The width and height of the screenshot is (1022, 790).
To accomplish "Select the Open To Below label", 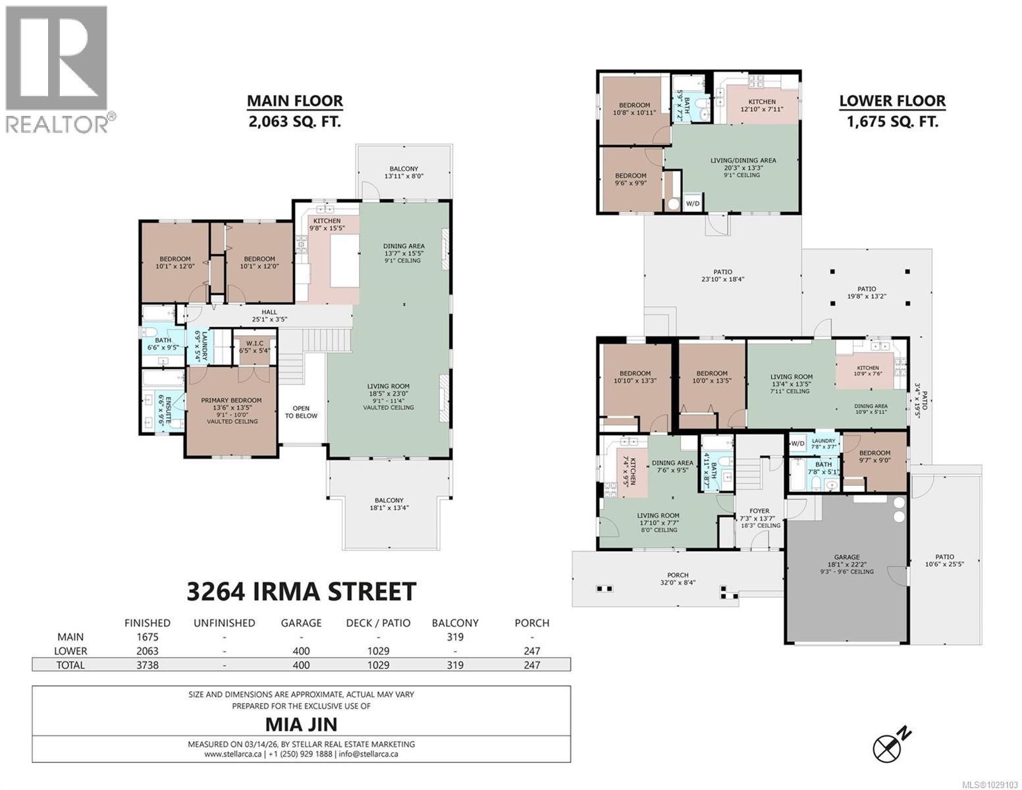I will [x=301, y=412].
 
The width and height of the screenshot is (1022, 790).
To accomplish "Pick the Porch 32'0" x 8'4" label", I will [x=668, y=578].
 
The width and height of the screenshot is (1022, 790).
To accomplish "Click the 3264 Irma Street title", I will [x=301, y=591].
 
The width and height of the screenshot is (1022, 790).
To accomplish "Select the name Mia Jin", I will [x=301, y=724].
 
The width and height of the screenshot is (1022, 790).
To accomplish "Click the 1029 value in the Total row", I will [x=378, y=665].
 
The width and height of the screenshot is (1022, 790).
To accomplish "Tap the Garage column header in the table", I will [x=301, y=623].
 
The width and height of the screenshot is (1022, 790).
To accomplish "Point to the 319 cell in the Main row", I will [x=454, y=637].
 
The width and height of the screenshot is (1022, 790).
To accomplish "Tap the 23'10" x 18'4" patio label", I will [x=722, y=276].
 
